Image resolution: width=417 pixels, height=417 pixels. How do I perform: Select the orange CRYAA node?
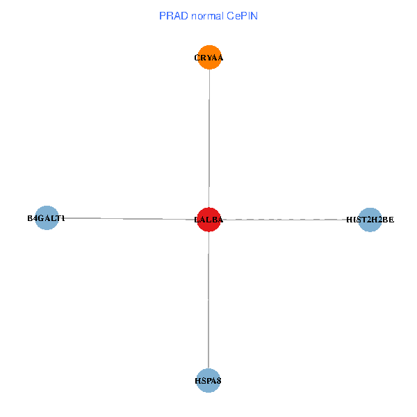pos(209,58)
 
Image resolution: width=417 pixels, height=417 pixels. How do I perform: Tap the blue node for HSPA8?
pos(208,380)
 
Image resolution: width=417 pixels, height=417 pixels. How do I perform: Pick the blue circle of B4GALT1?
pos(46,218)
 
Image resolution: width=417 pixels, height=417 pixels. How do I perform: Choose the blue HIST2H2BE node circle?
pos(370,220)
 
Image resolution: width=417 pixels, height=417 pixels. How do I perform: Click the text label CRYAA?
pos(209,58)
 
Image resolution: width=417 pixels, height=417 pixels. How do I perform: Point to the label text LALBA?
pos(208,220)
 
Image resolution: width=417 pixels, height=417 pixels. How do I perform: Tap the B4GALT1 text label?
pos(46,218)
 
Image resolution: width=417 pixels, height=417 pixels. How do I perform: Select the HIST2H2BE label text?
pos(370,220)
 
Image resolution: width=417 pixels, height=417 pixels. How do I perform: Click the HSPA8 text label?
pos(208,381)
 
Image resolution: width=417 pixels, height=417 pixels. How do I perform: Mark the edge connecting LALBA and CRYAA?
pos(209,139)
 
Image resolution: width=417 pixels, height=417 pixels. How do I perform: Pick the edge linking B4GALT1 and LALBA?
pos(125,218)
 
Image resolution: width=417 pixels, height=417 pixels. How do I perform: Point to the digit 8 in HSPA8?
pos(219,381)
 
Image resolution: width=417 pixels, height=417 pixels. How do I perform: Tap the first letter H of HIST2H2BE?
pos(349,220)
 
